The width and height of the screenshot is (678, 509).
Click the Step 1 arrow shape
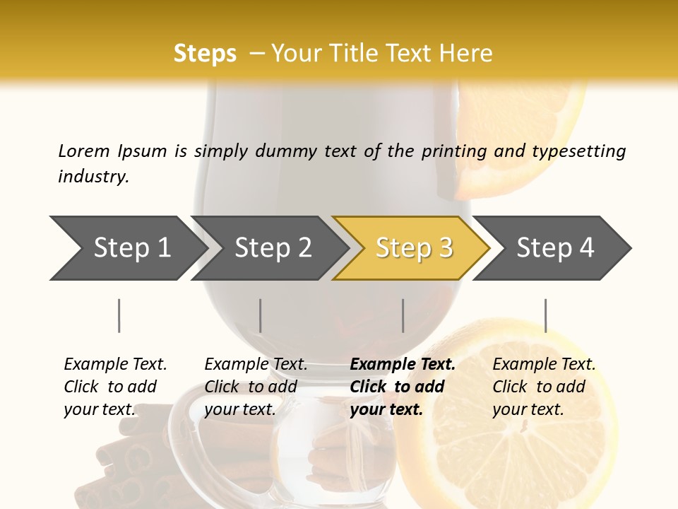127,248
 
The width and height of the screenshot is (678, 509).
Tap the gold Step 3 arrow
413,248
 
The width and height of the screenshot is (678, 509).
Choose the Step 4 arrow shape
554,248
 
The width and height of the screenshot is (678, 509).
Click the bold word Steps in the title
205,54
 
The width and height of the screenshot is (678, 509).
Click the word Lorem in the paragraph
84,151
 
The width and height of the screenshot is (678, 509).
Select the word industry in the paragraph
93,177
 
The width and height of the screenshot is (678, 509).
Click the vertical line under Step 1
119,315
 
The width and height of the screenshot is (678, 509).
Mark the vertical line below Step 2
261,315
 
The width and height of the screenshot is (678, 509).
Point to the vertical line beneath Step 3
403,315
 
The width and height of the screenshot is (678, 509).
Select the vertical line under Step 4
546,315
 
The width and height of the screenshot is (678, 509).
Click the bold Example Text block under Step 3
403,387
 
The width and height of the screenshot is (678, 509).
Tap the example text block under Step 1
115,387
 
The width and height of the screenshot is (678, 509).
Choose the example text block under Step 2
256,387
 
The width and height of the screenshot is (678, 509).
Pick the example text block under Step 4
544,387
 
